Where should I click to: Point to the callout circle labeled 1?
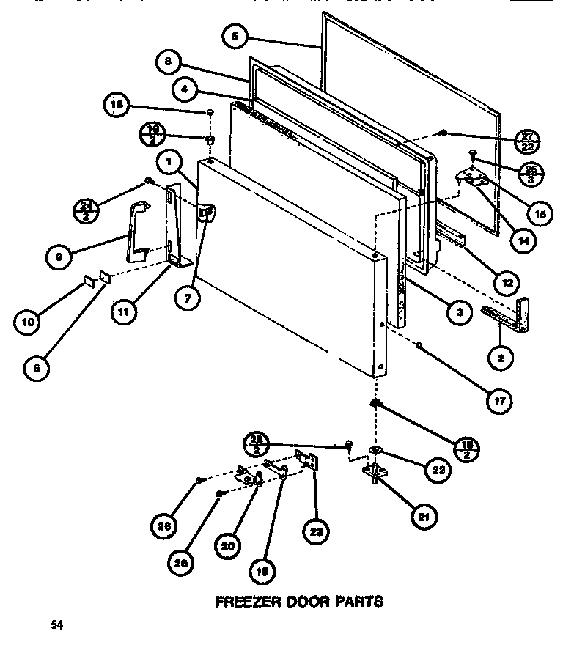[168, 161]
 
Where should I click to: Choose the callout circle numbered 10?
[26, 321]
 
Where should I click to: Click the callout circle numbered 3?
[458, 314]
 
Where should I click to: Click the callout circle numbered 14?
[522, 240]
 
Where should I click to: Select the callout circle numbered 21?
[424, 517]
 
